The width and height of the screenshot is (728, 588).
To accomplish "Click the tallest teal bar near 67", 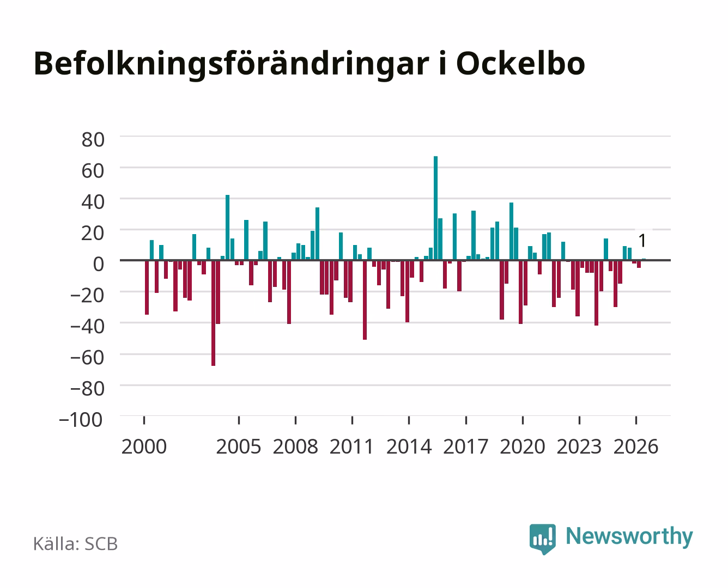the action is pos(435,208).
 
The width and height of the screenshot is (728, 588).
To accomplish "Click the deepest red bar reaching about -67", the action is pos(213,313).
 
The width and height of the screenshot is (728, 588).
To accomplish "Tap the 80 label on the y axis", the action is pos(93,140).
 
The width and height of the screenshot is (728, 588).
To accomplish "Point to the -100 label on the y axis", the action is pos(81,420).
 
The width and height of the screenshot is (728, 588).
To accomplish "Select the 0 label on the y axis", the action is pos(99,264).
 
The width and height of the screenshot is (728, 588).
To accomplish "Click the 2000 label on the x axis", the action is pos(144,446).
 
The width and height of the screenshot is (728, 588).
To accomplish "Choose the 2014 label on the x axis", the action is pos(409,446).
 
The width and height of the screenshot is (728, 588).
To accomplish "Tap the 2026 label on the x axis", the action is pos(636,446).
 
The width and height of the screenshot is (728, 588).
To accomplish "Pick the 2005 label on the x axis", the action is pos(239,446).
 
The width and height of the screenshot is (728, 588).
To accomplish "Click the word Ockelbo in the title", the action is pos(520,64).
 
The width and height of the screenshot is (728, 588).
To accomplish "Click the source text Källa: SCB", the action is pos(75,543).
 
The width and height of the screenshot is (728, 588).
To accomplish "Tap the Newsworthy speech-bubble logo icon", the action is pos(542,539).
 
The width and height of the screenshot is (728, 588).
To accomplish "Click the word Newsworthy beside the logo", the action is pos(629,537).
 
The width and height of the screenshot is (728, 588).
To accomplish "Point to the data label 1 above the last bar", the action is pos(642,241).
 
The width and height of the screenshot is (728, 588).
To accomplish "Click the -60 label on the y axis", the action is pos(87,358).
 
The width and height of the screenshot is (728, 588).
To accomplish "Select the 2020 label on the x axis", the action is pos(522,446).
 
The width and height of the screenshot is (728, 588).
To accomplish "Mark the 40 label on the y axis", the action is pos(93,202).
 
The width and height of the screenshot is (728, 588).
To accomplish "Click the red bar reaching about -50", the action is pos(365,300).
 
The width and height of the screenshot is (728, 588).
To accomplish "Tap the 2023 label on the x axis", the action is pos(579,446).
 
